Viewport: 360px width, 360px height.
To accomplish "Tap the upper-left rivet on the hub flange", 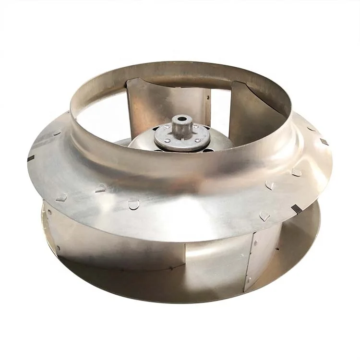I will tap(167, 126).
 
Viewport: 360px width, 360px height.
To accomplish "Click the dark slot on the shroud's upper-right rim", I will tap(324, 142).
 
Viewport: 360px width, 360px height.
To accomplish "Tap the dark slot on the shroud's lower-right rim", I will tap(298, 208).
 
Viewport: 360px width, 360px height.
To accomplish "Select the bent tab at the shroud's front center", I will tap(133, 205).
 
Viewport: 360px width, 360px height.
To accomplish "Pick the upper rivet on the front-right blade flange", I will tap(256, 243).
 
